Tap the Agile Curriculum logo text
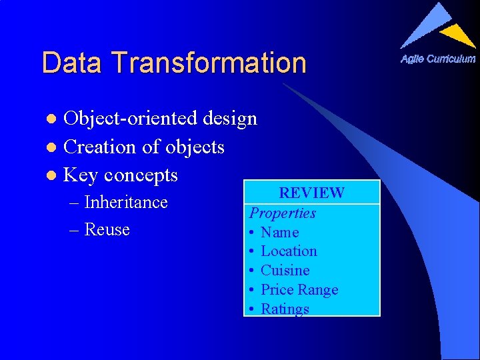coord(438,59)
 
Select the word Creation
coord(96,147)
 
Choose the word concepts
coord(141,175)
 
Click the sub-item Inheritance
coord(126,202)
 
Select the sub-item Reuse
coord(107,229)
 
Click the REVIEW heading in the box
coord(311,193)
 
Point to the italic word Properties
coord(283,213)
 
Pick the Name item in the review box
coord(279,233)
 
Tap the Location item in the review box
coord(289,251)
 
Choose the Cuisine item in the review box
coord(285,271)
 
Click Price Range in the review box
coord(299,290)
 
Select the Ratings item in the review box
coord(285,309)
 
